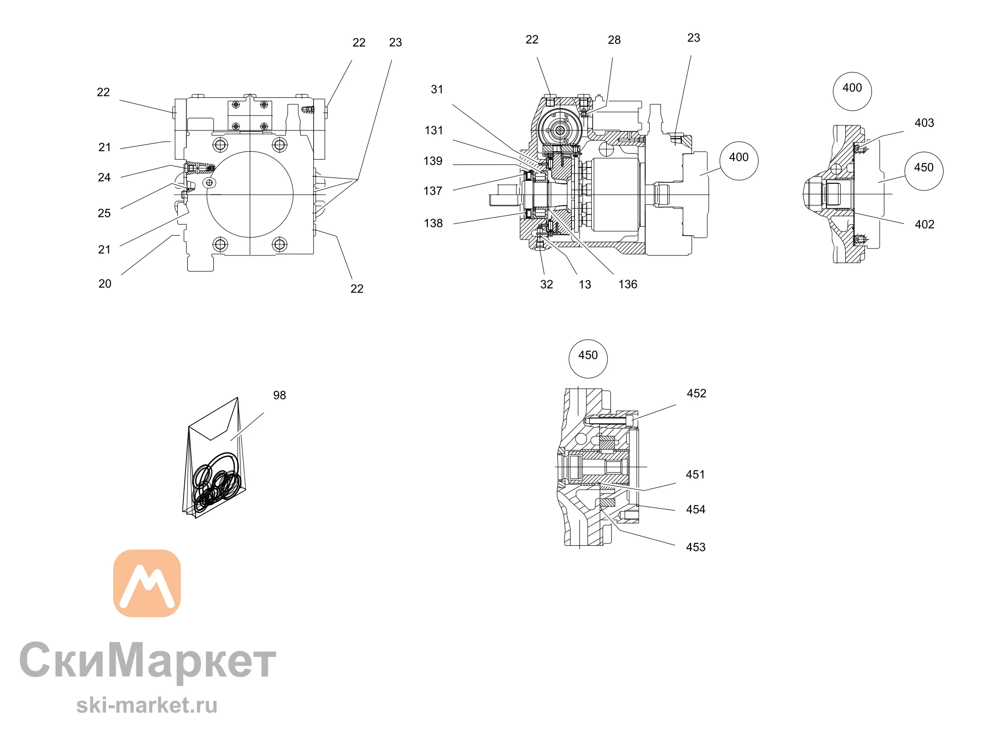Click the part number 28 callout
click(614, 40)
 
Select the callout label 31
click(437, 89)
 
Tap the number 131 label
click(434, 130)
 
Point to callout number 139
click(433, 161)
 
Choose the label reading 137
click(433, 191)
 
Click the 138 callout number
click(433, 223)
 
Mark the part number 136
click(628, 285)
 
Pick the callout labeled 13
click(585, 285)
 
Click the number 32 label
click(546, 285)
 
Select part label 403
click(924, 123)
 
